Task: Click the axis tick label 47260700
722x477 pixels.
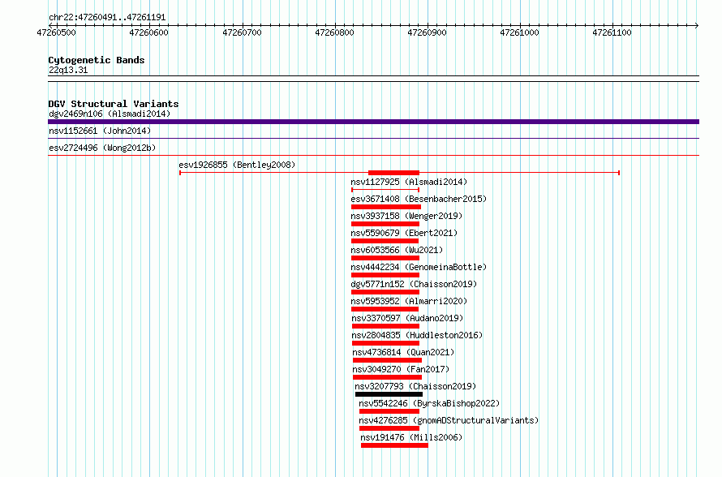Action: pos(242,32)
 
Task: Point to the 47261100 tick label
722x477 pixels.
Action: pos(612,32)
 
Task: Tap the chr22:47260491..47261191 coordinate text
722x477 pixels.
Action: pos(107,18)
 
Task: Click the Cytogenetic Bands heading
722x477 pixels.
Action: pos(97,60)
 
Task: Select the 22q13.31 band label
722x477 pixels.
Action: pos(68,70)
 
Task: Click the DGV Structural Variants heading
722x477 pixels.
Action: pos(114,104)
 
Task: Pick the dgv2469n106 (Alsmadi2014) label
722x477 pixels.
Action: pos(110,114)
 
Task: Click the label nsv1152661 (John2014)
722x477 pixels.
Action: pos(100,131)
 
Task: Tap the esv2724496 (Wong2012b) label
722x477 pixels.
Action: pos(102,148)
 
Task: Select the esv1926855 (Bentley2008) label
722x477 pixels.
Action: pos(237,165)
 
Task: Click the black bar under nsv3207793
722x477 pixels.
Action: pos(389,394)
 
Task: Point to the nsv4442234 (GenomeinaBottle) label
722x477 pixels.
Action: pos(419,267)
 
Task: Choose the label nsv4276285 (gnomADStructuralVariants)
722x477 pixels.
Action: pos(449,420)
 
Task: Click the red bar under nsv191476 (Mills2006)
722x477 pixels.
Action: pos(394,445)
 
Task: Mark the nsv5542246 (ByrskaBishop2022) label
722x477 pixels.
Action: pos(429,403)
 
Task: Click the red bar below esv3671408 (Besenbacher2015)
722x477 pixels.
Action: pos(386,207)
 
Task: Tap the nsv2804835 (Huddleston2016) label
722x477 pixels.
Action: pos(417,335)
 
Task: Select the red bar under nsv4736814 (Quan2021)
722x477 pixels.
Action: pos(387,360)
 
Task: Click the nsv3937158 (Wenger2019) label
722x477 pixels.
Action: pos(406,216)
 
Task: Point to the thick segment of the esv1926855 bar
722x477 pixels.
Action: pos(393,173)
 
